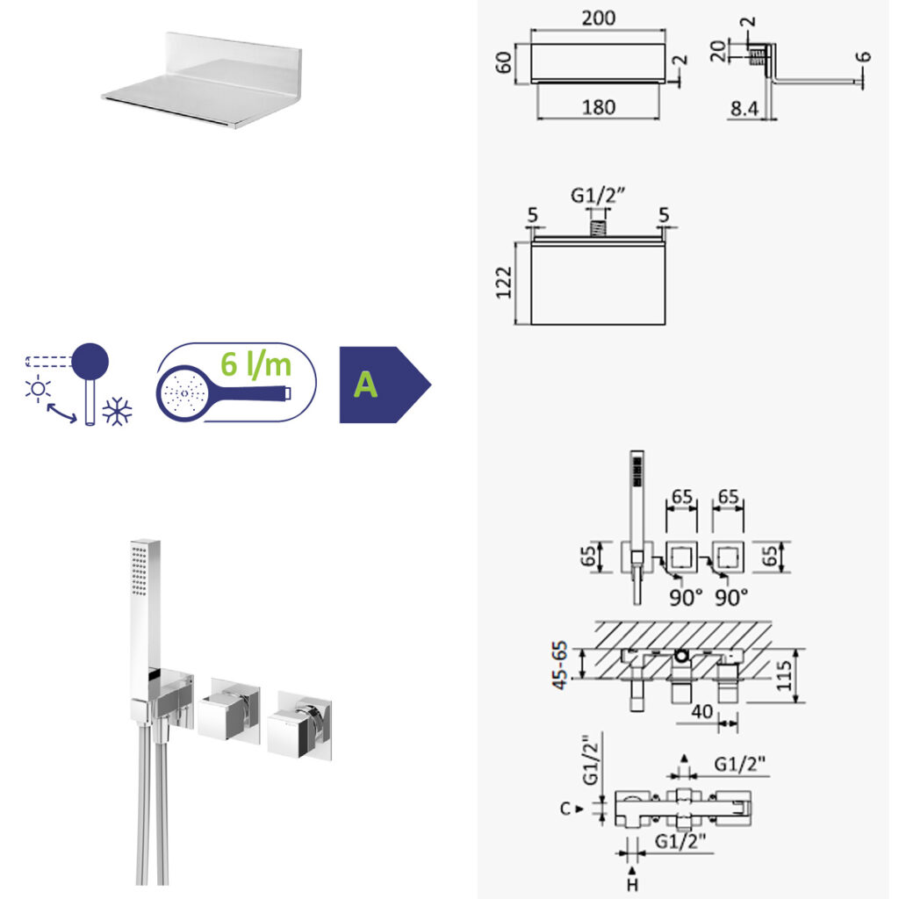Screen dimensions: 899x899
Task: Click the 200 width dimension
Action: [x=598, y=18]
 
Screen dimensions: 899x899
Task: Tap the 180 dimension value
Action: [x=598, y=107]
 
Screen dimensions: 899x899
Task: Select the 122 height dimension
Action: [x=503, y=283]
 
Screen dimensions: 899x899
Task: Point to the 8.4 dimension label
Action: [x=744, y=108]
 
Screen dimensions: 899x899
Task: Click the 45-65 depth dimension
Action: [x=559, y=665]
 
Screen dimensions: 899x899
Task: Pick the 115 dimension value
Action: [x=783, y=675]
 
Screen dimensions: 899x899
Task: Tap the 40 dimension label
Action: [x=701, y=711]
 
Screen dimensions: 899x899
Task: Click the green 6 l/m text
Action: [x=255, y=364]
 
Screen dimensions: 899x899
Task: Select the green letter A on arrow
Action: [x=365, y=385]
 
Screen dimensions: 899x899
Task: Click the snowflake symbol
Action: [x=117, y=411]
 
